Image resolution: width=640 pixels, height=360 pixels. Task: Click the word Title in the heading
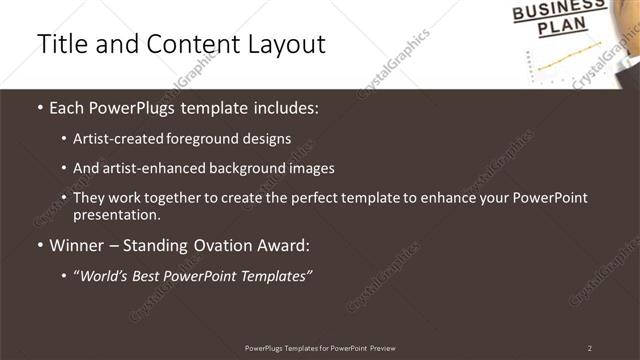[x=59, y=44]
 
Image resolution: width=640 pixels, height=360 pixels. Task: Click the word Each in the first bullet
[x=68, y=106]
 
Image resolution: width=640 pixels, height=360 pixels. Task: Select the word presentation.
[x=117, y=214]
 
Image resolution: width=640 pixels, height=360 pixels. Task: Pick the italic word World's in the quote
[x=104, y=276]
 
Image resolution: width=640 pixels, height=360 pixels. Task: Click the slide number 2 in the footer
[x=589, y=348]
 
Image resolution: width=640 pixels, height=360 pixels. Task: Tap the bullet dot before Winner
[x=39, y=245]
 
